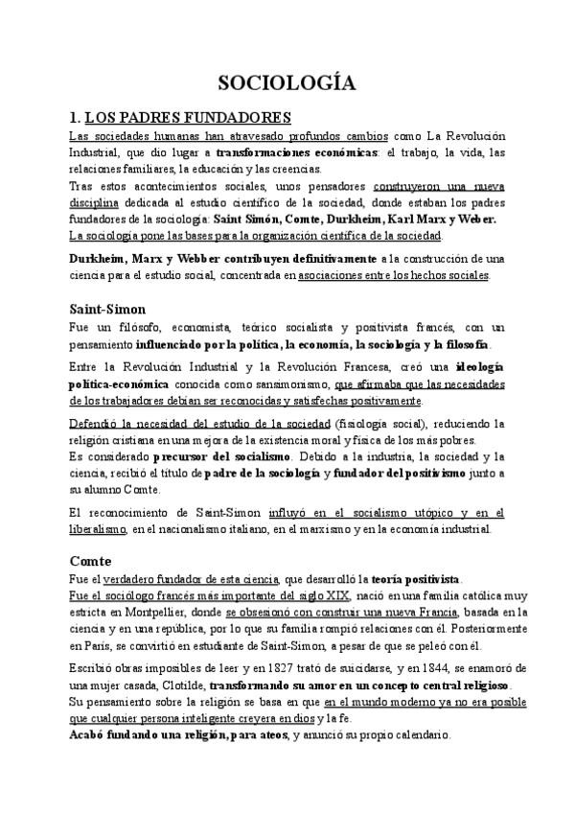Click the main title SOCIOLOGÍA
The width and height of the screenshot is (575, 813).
point(287,83)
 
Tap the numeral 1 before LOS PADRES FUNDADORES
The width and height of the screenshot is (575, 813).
point(74,117)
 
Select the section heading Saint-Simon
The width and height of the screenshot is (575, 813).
point(107,309)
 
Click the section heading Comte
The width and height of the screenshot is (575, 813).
point(91,560)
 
